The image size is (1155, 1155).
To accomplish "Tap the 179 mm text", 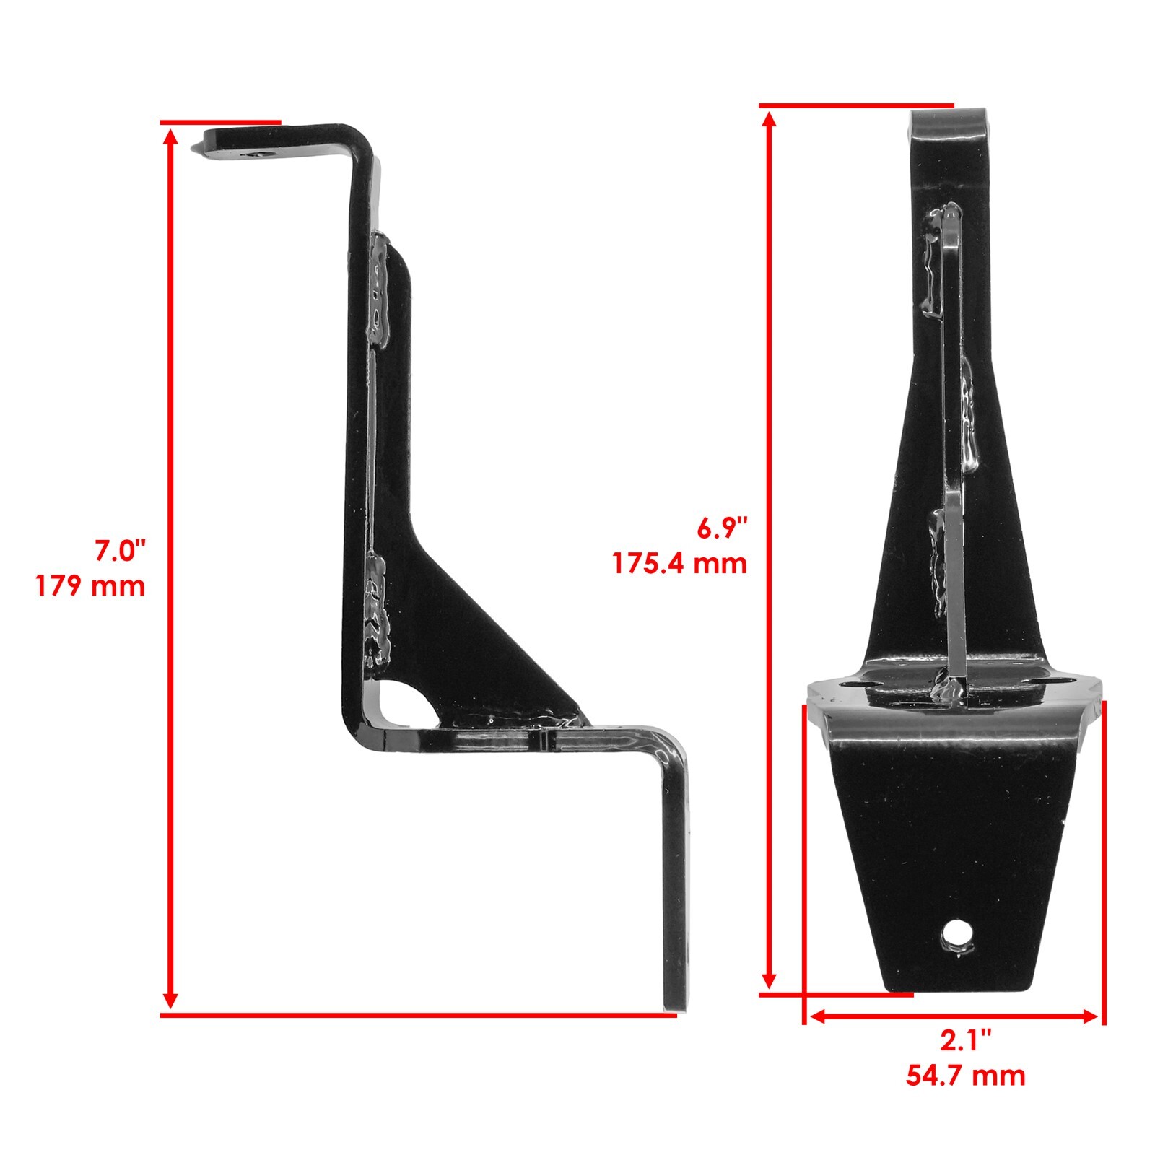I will [x=91, y=586].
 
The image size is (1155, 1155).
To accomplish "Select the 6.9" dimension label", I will [x=719, y=528].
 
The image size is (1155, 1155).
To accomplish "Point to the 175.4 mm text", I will [x=679, y=563].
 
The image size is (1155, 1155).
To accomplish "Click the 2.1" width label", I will [x=965, y=1041].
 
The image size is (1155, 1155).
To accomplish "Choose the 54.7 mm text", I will [x=965, y=1076].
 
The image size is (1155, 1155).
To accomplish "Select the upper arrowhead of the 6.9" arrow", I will [x=770, y=119].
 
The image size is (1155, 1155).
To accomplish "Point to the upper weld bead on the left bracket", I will [x=378, y=289].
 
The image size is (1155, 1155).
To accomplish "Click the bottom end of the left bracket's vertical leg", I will [x=676, y=1000].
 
